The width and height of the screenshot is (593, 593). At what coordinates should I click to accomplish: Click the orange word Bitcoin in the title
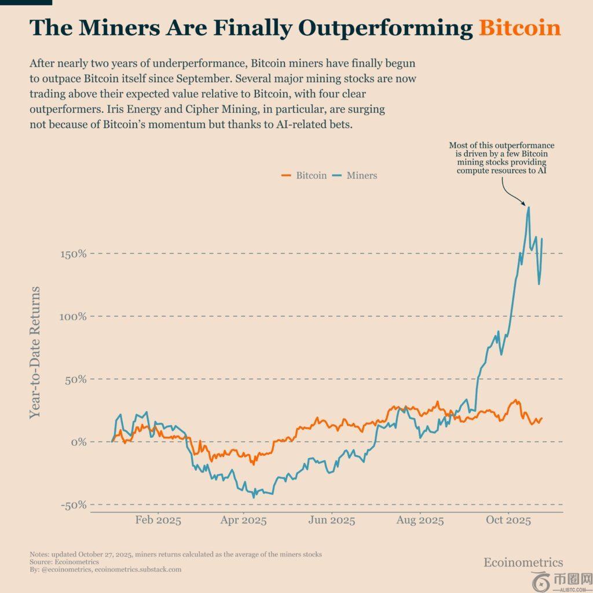pyautogui.click(x=519, y=28)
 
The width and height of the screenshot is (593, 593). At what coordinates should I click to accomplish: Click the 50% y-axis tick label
pyautogui.click(x=75, y=379)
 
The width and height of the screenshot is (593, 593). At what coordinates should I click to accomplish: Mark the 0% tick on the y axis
pyautogui.click(x=78, y=442)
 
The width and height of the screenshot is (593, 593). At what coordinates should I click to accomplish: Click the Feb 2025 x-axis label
pyautogui.click(x=158, y=520)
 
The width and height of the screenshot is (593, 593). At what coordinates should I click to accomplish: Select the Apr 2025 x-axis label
pyautogui.click(x=244, y=520)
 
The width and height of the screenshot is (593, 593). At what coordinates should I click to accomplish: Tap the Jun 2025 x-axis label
pyautogui.click(x=332, y=520)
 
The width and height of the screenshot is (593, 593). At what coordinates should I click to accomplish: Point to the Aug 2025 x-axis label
pyautogui.click(x=420, y=520)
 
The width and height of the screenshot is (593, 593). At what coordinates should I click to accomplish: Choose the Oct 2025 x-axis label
pyautogui.click(x=508, y=520)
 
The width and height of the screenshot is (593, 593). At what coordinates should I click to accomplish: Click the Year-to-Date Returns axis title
pyautogui.click(x=35, y=352)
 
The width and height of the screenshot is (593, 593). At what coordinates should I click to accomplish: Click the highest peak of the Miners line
pyautogui.click(x=528, y=207)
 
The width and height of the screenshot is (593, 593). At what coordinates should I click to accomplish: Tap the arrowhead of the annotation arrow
pyautogui.click(x=525, y=204)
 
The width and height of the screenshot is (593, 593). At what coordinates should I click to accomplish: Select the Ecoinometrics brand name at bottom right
pyautogui.click(x=523, y=562)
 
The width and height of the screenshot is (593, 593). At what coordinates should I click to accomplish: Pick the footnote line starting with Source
pyautogui.click(x=64, y=562)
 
